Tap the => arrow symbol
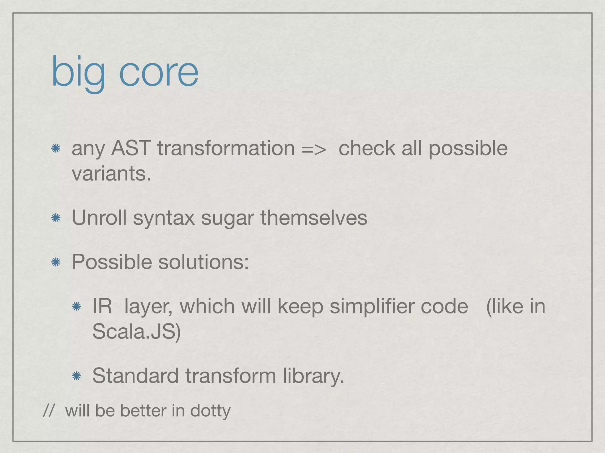(x=314, y=148)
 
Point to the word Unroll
(x=99, y=218)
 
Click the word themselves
(x=314, y=218)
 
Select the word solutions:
(x=204, y=262)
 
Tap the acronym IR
(x=102, y=306)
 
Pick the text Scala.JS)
(x=136, y=331)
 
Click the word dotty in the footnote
(x=210, y=411)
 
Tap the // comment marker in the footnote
(x=48, y=411)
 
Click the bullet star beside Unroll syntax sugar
(x=56, y=218)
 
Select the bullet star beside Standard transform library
(x=77, y=376)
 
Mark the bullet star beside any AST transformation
(x=56, y=148)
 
